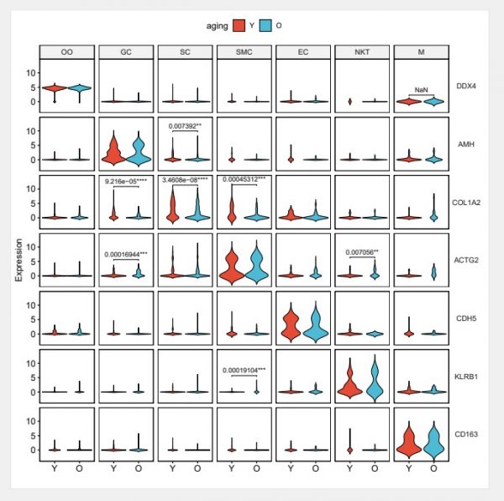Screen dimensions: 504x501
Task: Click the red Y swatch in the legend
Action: click(x=239, y=25)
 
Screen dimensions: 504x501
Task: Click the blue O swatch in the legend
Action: click(x=265, y=25)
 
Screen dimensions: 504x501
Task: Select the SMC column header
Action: click(x=244, y=52)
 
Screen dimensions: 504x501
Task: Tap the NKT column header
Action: click(x=362, y=52)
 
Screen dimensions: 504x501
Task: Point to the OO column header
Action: click(x=67, y=52)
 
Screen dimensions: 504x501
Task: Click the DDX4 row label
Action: click(x=465, y=86)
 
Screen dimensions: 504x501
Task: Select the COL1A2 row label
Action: click(x=466, y=203)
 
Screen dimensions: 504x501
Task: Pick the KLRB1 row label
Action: click(x=466, y=377)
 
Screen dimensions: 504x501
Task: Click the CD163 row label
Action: click(x=466, y=435)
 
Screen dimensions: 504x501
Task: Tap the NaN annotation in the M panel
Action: click(x=421, y=90)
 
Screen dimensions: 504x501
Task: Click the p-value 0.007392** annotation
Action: click(x=185, y=126)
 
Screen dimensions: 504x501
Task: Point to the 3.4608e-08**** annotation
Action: click(x=185, y=180)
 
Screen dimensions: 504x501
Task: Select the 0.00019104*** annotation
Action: click(x=244, y=370)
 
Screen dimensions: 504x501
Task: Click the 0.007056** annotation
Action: click(x=362, y=252)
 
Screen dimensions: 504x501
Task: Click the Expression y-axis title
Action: click(x=19, y=260)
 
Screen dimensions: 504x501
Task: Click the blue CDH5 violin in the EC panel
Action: click(x=316, y=323)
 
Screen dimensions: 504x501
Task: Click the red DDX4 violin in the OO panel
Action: click(x=55, y=87)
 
